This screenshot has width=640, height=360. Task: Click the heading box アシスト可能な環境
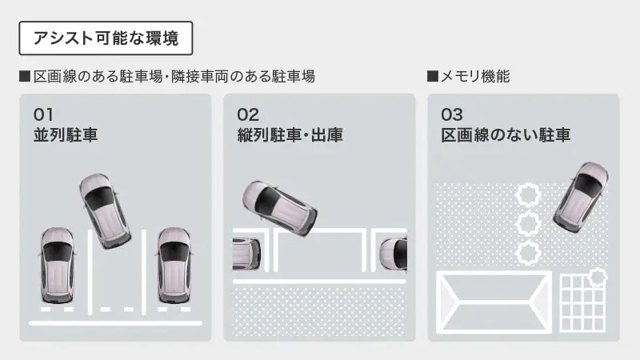(106, 38)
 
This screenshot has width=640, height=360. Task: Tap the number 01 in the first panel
(43, 114)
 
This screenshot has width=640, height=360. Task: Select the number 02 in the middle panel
(248, 114)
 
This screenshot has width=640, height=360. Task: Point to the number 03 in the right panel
(452, 114)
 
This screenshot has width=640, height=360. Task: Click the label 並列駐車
(66, 135)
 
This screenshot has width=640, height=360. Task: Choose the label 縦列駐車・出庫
(290, 135)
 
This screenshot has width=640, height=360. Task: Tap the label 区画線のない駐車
(506, 135)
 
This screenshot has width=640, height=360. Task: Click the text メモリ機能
(475, 76)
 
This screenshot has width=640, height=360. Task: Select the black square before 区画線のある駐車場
(25, 76)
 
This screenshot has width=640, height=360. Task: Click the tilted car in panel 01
(105, 211)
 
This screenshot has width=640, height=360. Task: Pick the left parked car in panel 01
(58, 266)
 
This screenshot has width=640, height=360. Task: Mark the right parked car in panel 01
(174, 266)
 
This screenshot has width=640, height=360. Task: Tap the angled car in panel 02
(279, 208)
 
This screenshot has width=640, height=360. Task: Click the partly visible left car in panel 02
(246, 254)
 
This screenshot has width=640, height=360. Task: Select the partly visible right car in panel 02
(393, 254)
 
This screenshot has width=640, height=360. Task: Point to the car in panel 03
(581, 197)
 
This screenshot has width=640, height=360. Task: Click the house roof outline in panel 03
(494, 302)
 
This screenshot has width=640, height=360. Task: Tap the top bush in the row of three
(528, 194)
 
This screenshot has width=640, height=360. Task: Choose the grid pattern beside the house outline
(583, 303)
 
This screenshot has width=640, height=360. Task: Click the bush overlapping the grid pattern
(598, 278)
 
